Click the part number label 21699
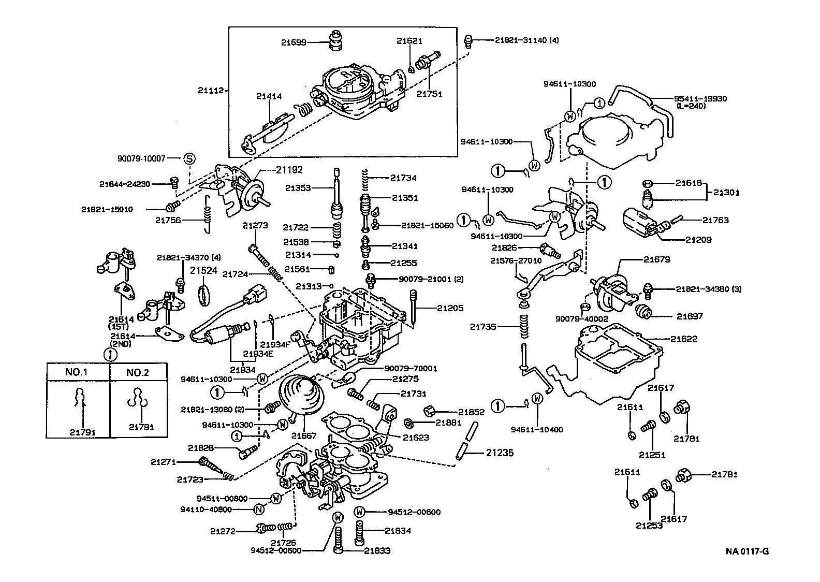pyautogui.click(x=294, y=42)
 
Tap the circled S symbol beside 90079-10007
pyautogui.click(x=189, y=158)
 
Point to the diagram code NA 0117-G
pyautogui.click(x=746, y=551)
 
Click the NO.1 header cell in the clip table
pyautogui.click(x=78, y=372)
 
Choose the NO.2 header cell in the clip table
pyautogui.click(x=138, y=372)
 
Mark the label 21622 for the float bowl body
pyautogui.click(x=684, y=339)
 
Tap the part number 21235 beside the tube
pyautogui.click(x=500, y=453)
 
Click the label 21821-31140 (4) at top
pyautogui.click(x=526, y=40)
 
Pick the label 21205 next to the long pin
pyautogui.click(x=450, y=308)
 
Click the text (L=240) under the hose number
pyautogui.click(x=691, y=106)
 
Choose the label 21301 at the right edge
pyautogui.click(x=726, y=192)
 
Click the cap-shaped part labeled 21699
pyautogui.click(x=336, y=41)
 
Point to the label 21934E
pyautogui.click(x=257, y=354)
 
